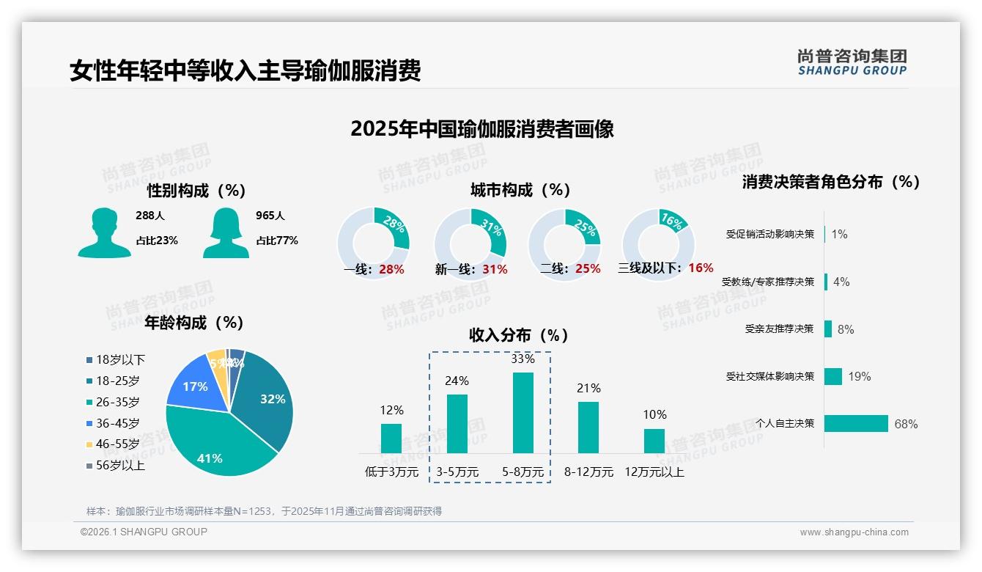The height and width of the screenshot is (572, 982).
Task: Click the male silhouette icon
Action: [x=104, y=232]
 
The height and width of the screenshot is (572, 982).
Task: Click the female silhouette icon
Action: [x=226, y=232]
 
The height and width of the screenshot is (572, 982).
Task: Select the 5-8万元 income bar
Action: [x=523, y=413]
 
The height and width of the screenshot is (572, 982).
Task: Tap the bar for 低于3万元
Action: [x=391, y=439]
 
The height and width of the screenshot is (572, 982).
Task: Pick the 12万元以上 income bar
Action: [x=654, y=441]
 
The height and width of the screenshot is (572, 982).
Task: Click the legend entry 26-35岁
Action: [x=117, y=402]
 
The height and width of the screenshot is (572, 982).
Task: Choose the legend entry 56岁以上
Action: [x=120, y=466]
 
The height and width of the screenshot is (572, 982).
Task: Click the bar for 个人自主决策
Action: [x=856, y=423]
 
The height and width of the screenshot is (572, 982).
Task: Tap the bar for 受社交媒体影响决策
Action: [x=833, y=376]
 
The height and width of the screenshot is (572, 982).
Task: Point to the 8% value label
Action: [x=846, y=329]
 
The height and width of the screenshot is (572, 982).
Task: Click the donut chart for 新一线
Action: [x=470, y=244]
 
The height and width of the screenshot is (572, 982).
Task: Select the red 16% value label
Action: [x=701, y=268]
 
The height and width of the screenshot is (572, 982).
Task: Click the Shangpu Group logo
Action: [x=852, y=62]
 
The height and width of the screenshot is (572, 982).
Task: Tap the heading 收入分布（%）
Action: [x=519, y=336]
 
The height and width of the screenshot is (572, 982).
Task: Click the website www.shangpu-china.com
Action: [x=854, y=532]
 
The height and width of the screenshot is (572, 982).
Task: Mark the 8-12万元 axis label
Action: [x=588, y=472]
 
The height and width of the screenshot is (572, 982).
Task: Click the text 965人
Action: [x=270, y=216]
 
